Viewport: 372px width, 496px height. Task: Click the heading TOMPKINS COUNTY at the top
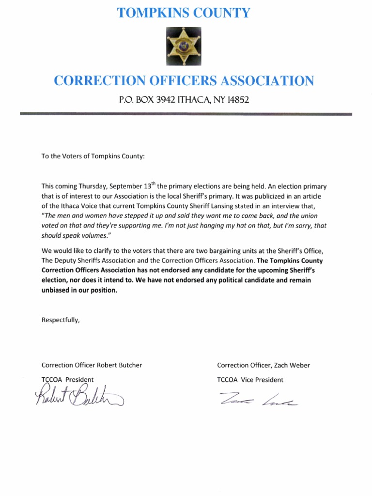coord(184,13)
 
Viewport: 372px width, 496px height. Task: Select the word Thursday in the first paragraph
coord(93,186)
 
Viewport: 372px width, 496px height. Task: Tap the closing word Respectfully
coord(60,320)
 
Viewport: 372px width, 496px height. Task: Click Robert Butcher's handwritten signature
coord(77,398)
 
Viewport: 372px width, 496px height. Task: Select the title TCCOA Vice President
coord(250,380)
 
